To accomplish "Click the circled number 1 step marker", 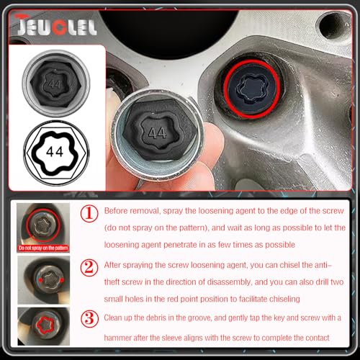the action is click(x=89, y=213).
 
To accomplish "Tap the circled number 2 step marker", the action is click(x=89, y=268).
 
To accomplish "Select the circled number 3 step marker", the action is click(x=89, y=319).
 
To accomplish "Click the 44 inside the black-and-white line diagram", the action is click(x=55, y=152).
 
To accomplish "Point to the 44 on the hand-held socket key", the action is click(x=158, y=132).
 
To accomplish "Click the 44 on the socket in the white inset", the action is click(x=55, y=84).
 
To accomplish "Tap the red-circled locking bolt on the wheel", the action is click(x=251, y=89).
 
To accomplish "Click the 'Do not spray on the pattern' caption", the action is click(x=43, y=248).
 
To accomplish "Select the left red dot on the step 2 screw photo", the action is click(x=40, y=280).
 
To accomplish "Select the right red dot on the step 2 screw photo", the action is click(x=62, y=280).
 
